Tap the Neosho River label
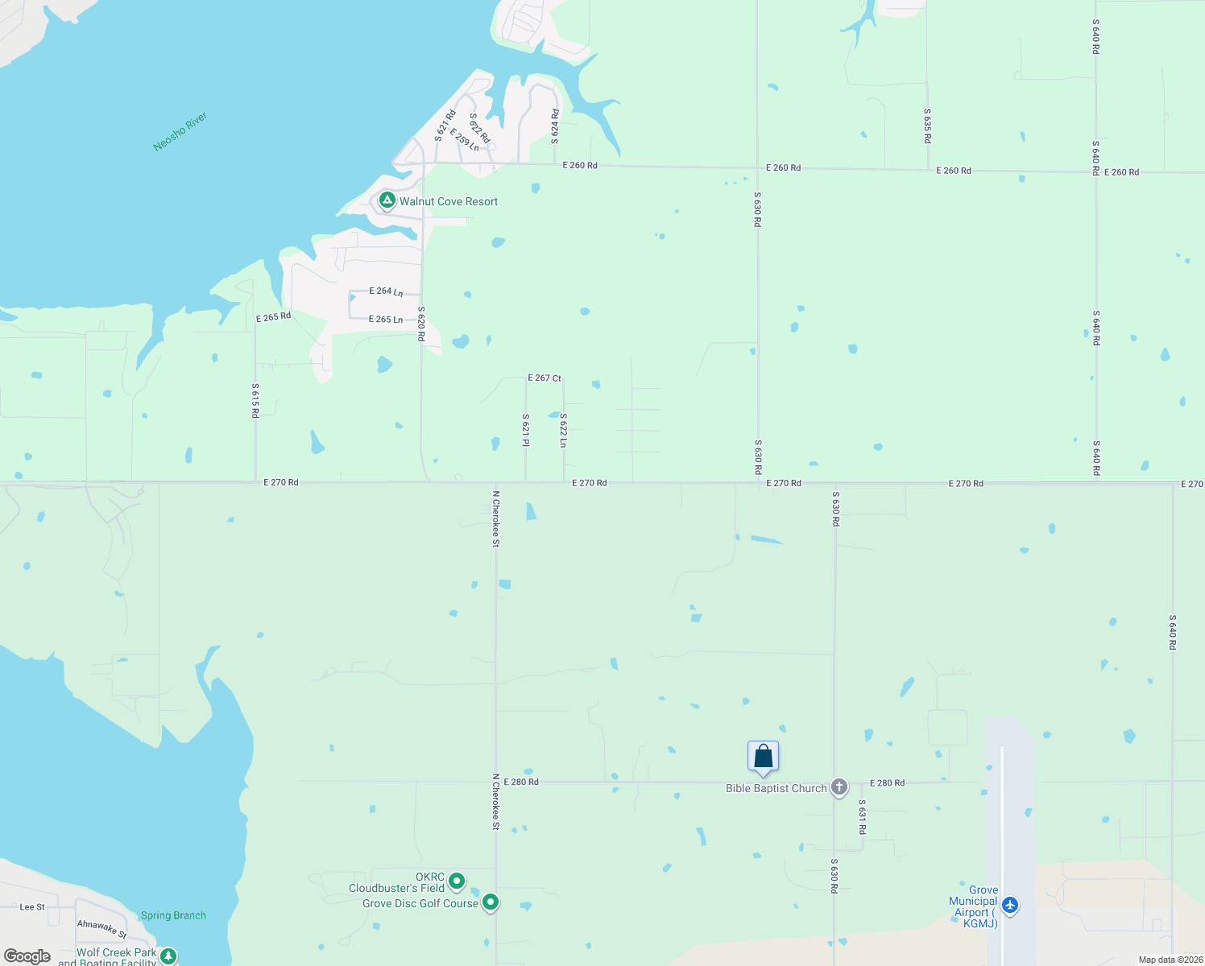click(x=180, y=132)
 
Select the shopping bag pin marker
click(x=763, y=758)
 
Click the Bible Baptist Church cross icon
click(x=839, y=787)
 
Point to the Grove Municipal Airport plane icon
click(x=1009, y=906)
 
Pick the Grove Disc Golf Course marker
click(x=490, y=902)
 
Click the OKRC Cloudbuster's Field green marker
click(x=457, y=881)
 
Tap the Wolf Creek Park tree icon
click(x=168, y=956)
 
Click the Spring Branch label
click(x=173, y=915)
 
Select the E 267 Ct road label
click(x=545, y=378)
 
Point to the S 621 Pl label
click(x=526, y=431)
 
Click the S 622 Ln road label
click(x=564, y=431)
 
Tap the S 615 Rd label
click(x=255, y=400)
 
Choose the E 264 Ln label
click(x=386, y=291)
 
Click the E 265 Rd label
click(x=273, y=317)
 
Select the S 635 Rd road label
click(x=928, y=126)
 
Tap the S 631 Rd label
click(x=862, y=816)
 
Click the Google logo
click(x=27, y=956)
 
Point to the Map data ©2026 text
click(x=1170, y=960)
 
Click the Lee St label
click(x=32, y=906)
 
